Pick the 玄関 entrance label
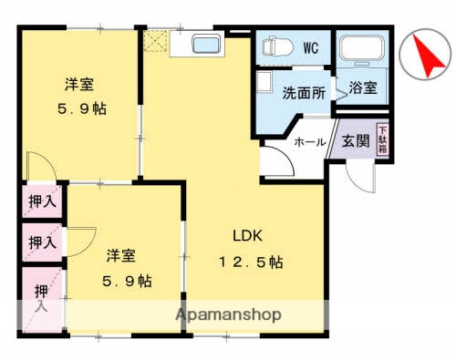pyautogui.click(x=355, y=142)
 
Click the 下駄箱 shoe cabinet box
pyautogui.click(x=383, y=142)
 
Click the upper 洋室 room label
pyautogui.click(x=78, y=85)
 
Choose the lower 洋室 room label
pyautogui.click(x=121, y=255)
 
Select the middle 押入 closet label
pyautogui.click(x=40, y=242)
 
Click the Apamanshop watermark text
pyautogui.click(x=229, y=314)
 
